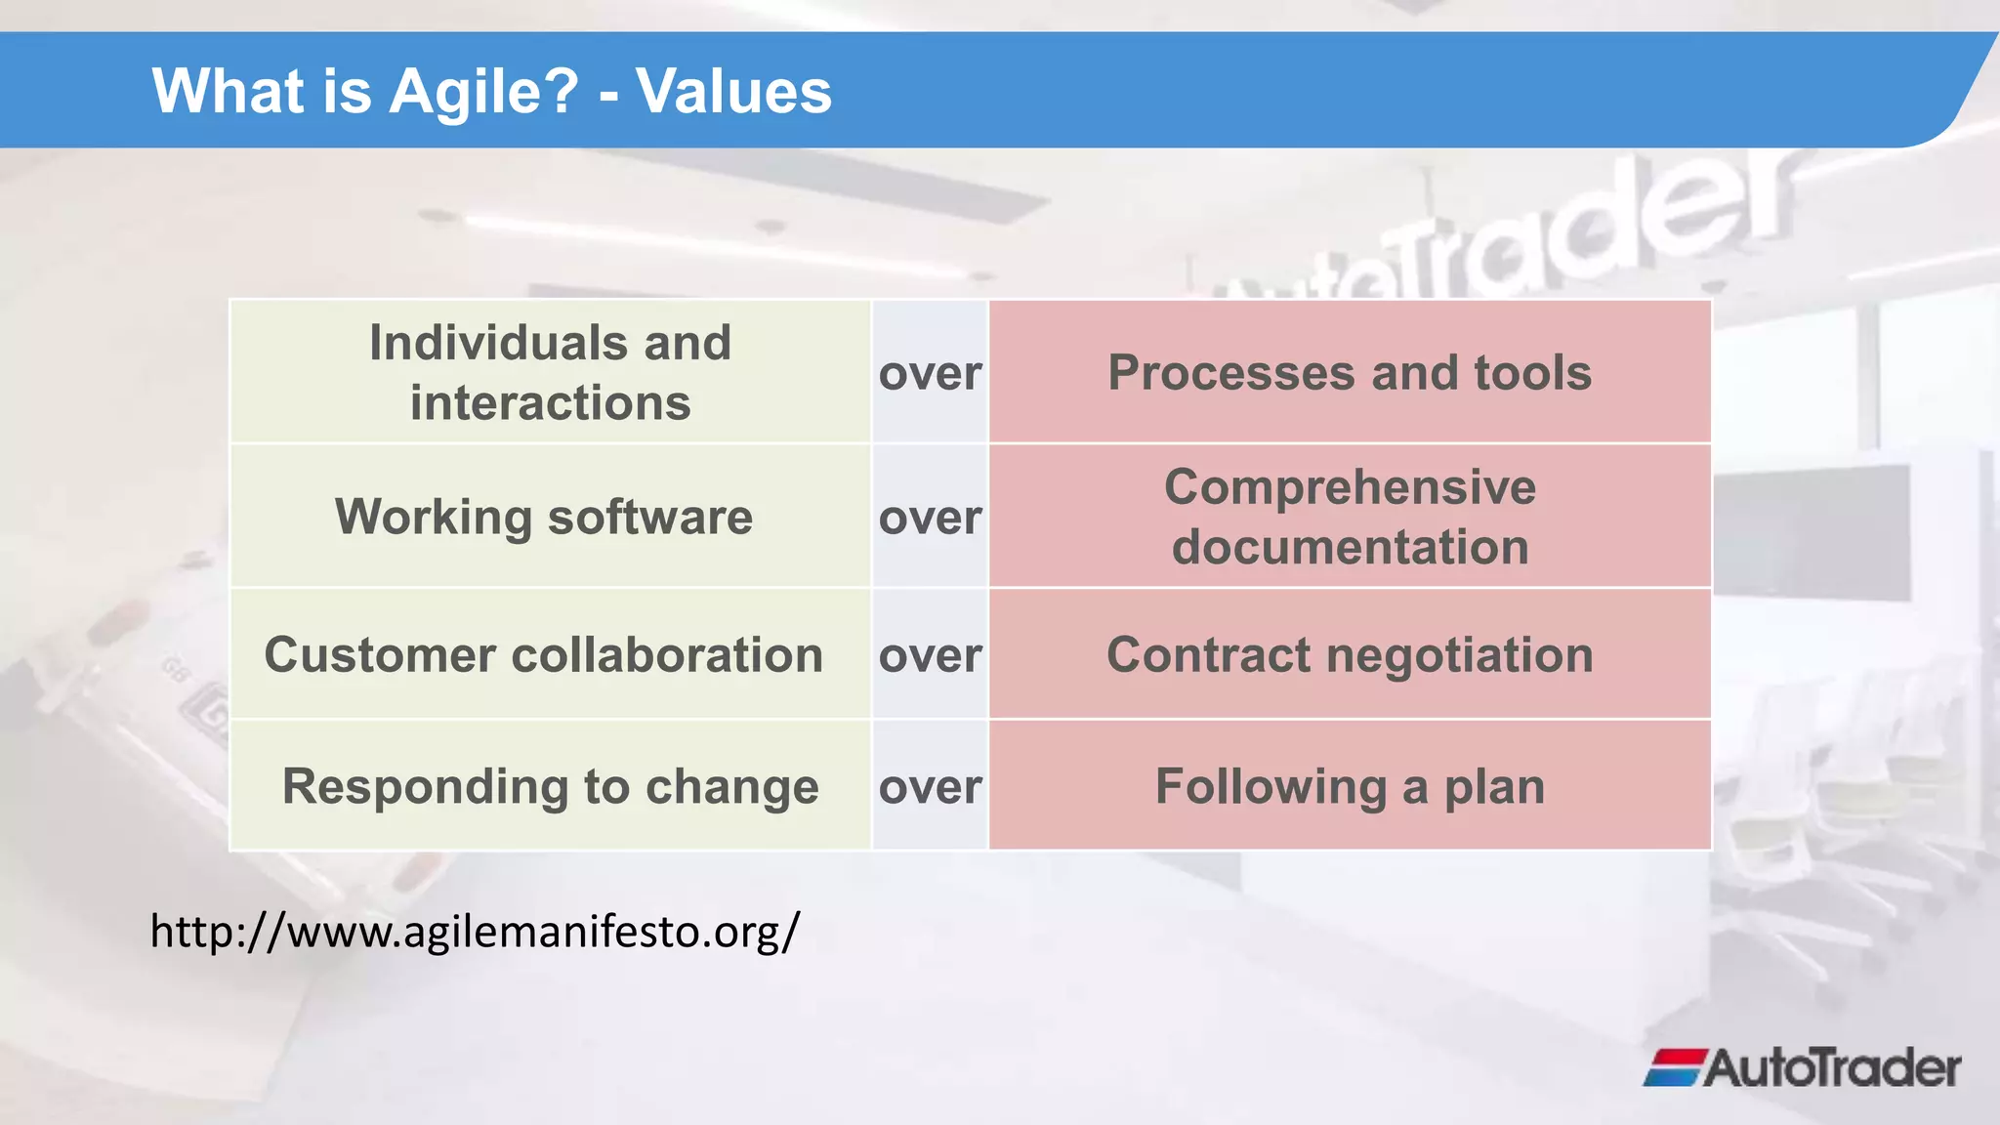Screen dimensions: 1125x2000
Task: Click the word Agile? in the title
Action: click(x=483, y=92)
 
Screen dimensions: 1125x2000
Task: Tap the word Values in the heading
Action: click(x=733, y=92)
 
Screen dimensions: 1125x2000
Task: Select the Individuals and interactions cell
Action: click(x=550, y=372)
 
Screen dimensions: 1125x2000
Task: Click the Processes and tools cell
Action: click(x=1349, y=372)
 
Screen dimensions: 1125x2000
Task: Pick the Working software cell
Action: click(x=544, y=517)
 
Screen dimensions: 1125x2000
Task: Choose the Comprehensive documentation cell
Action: click(x=1349, y=517)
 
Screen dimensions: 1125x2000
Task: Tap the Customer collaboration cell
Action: click(x=544, y=654)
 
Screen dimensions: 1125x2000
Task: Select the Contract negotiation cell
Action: click(x=1349, y=654)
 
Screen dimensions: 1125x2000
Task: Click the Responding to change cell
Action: click(x=550, y=786)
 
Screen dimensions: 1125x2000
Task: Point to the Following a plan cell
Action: click(x=1349, y=786)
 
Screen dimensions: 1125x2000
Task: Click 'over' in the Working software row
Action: click(x=930, y=518)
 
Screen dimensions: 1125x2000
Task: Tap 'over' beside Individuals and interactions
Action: click(x=930, y=373)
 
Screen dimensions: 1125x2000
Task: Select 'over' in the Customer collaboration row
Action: click(x=930, y=655)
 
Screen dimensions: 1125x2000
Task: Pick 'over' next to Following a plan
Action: click(x=930, y=787)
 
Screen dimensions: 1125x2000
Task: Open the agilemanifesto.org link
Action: click(x=475, y=931)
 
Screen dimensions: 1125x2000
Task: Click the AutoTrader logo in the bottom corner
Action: click(x=1803, y=1067)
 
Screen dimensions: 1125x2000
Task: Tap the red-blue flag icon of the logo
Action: click(x=1674, y=1067)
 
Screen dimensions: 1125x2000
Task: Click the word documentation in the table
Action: click(x=1350, y=547)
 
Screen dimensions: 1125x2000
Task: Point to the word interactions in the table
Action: click(x=550, y=403)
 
